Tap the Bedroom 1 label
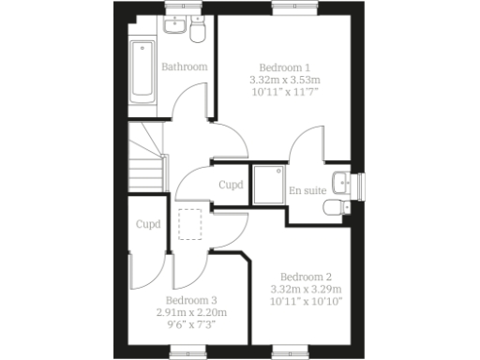[285, 67]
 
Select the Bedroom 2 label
[306, 277]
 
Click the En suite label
[307, 190]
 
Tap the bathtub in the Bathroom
[143, 72]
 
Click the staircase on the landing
[145, 158]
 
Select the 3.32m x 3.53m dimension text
[285, 80]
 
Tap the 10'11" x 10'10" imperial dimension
[306, 301]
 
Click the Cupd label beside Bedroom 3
[148, 225]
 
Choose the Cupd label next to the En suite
[231, 185]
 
